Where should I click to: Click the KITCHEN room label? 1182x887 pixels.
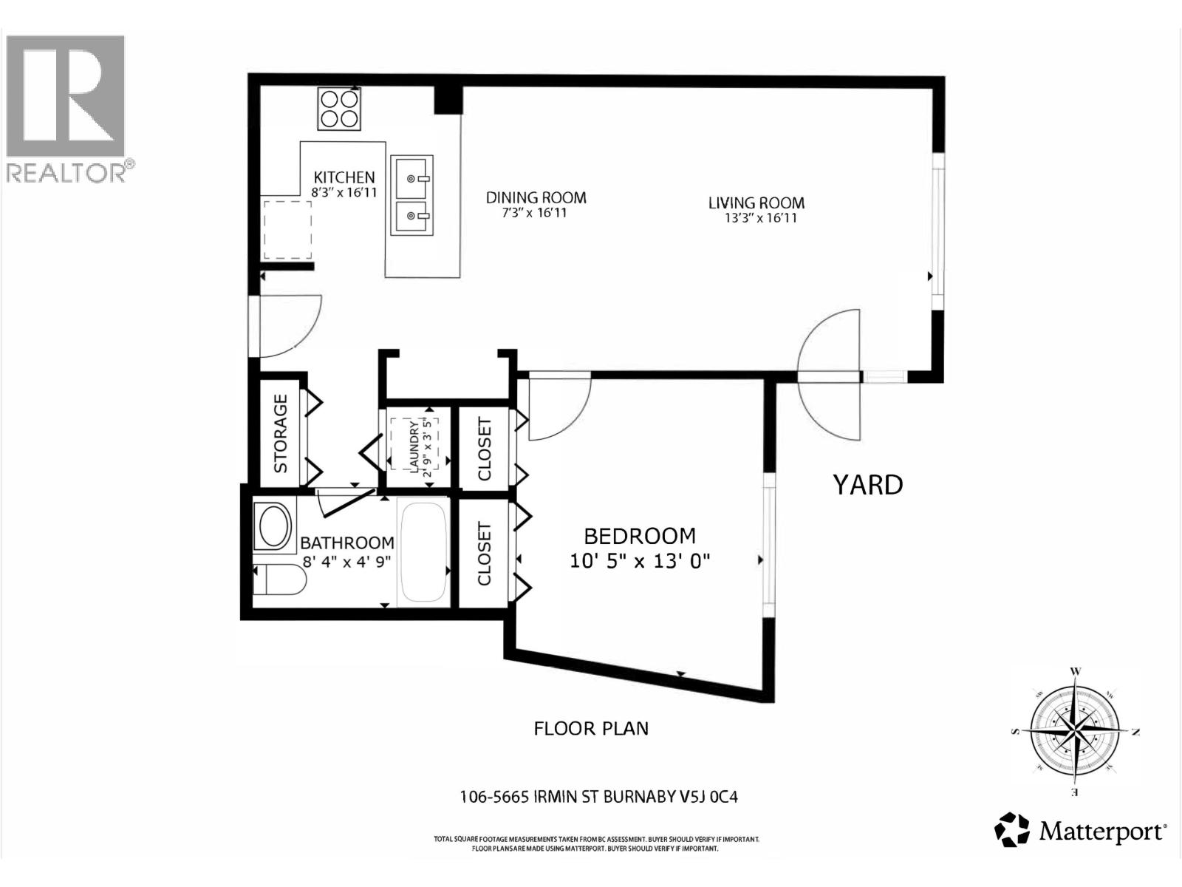(344, 177)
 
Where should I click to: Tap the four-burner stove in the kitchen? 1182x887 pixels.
(340, 109)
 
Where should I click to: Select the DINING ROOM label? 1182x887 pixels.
(536, 197)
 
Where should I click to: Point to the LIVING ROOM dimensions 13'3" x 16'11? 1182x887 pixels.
(761, 218)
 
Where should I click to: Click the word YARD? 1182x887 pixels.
(868, 486)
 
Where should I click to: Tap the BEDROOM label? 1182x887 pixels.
(640, 536)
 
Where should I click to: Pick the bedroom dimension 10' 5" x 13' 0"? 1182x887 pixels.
(640, 561)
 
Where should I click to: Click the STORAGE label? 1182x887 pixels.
(281, 434)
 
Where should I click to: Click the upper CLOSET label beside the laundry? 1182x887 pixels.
(485, 449)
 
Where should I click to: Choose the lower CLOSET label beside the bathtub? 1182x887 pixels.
(485, 554)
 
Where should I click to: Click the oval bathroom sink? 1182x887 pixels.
(273, 526)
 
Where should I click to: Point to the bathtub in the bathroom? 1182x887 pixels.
(424, 551)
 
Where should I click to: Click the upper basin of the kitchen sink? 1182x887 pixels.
(411, 178)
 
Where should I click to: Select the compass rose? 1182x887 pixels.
(1075, 732)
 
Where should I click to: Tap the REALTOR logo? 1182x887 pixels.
(66, 107)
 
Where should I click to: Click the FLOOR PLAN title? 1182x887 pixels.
(591, 729)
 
